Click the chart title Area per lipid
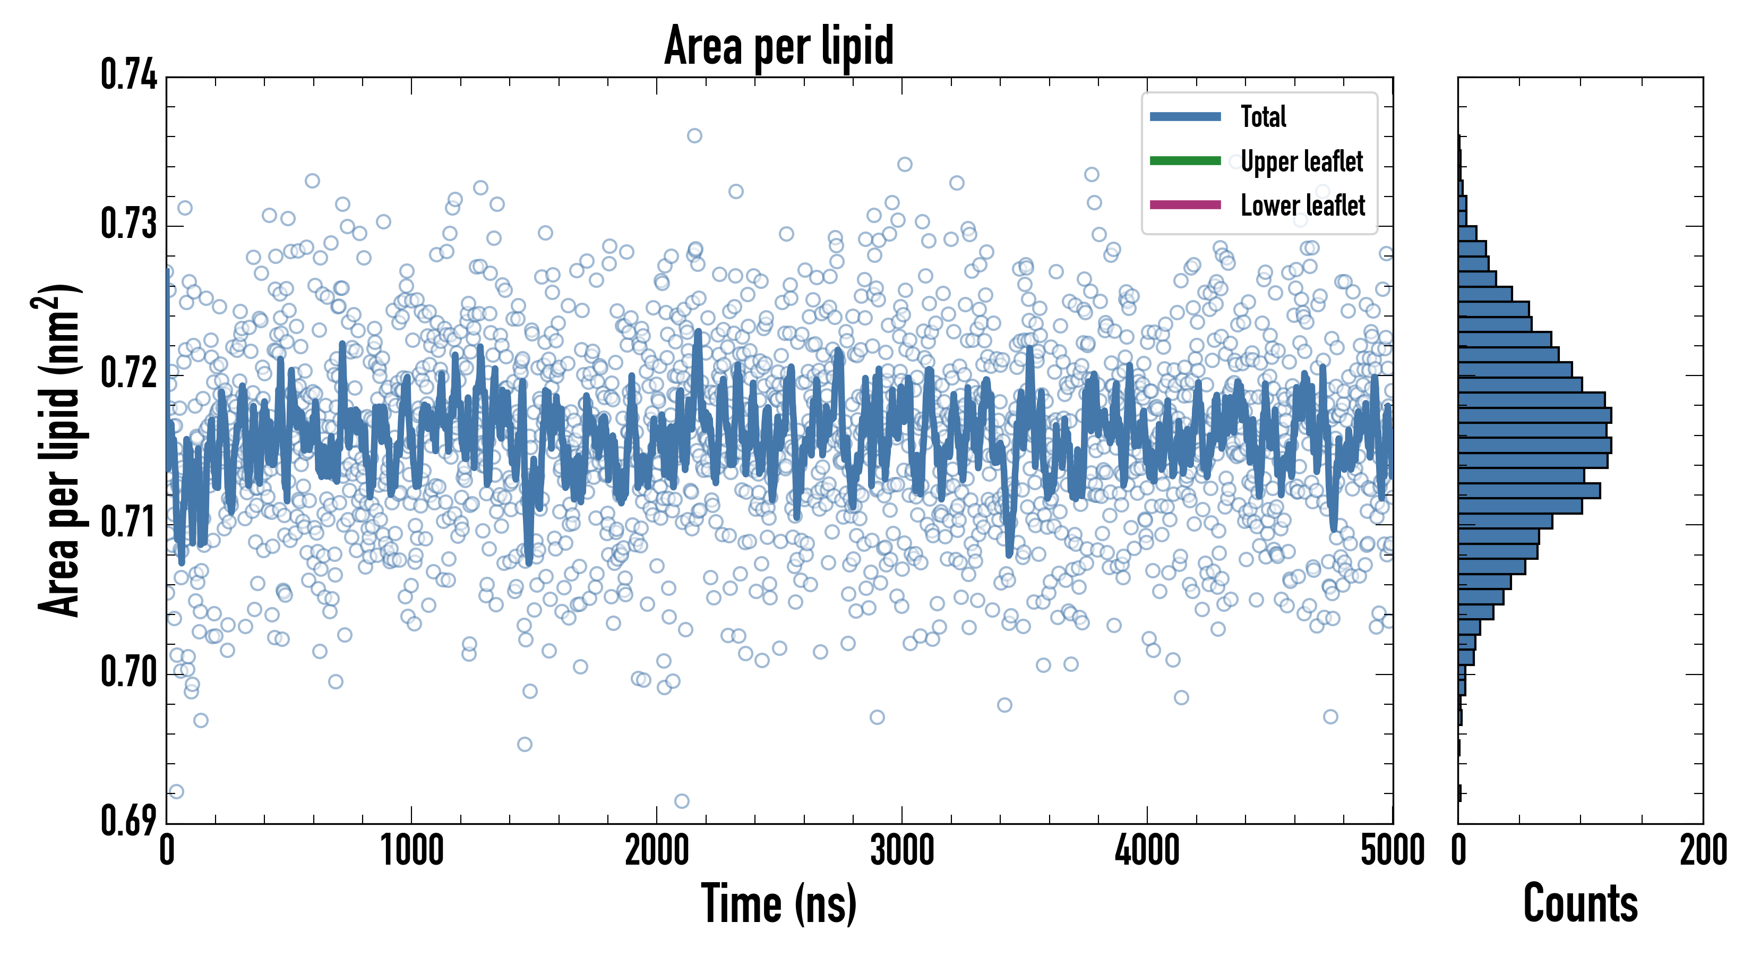[779, 46]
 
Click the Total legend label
[1263, 117]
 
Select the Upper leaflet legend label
[1301, 161]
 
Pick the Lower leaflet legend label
[1302, 206]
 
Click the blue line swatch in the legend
[1185, 116]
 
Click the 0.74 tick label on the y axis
[129, 75]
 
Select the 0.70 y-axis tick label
[129, 672]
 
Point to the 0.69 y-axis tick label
[129, 821]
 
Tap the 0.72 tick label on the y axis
[129, 373]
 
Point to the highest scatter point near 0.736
[694, 135]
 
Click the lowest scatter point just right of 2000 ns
[682, 801]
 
